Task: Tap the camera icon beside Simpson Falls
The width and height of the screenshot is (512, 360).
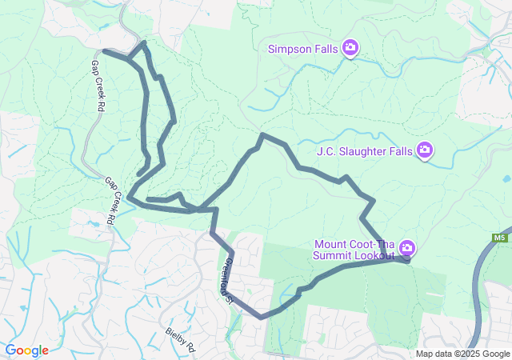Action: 350,49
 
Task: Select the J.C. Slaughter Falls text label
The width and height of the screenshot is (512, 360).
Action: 362,150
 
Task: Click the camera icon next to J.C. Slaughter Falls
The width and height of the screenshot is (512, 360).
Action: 425,150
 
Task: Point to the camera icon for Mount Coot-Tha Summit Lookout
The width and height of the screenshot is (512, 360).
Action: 407,247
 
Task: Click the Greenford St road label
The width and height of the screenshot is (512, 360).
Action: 226,280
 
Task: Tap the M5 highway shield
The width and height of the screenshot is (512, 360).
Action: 500,238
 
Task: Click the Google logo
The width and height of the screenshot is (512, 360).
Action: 26,350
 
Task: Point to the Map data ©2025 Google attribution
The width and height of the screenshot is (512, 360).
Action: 462,354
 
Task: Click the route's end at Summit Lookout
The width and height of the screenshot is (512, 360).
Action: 407,259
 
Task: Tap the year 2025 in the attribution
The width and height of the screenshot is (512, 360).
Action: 468,354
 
